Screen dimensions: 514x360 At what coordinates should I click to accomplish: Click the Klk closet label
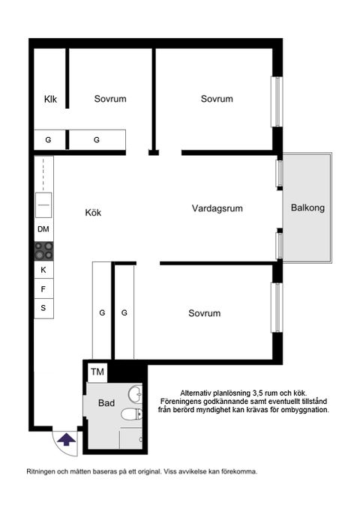[51, 100]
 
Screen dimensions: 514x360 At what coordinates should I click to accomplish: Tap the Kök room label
[93, 213]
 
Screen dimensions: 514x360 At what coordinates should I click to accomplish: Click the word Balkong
[307, 209]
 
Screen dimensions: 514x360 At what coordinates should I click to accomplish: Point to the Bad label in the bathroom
[106, 403]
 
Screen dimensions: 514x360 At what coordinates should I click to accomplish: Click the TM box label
[97, 372]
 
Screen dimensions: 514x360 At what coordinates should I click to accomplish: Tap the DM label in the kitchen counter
[43, 229]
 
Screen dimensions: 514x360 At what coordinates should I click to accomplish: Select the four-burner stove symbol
[43, 250]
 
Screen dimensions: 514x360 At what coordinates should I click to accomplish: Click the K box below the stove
[43, 270]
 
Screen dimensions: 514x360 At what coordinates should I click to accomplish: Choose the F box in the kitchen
[43, 288]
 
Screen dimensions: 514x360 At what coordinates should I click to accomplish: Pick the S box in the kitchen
[43, 308]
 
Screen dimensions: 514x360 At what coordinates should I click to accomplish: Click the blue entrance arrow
[66, 439]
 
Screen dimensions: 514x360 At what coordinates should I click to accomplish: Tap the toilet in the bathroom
[130, 414]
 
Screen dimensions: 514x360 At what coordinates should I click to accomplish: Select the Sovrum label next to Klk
[109, 99]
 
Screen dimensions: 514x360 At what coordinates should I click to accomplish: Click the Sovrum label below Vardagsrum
[204, 313]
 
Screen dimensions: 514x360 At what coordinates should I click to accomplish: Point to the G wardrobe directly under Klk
[48, 140]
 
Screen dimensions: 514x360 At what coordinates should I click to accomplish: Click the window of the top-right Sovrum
[277, 99]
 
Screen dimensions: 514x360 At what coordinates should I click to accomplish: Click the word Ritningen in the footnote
[42, 472]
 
